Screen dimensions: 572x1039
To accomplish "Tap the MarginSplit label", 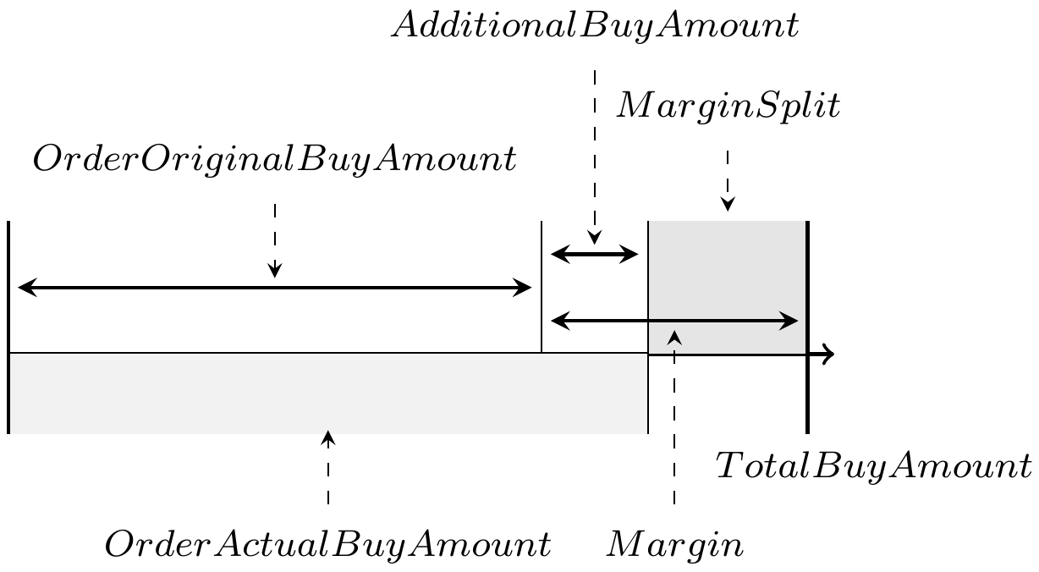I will tap(728, 108).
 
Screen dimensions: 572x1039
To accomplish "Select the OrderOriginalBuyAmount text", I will tap(273, 160).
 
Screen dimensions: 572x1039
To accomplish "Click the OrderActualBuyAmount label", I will tap(327, 543).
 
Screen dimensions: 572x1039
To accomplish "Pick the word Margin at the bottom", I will tap(674, 544).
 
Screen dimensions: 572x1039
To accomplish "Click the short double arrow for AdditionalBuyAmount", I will tap(594, 253).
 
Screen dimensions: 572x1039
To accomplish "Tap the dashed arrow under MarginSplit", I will tap(728, 180).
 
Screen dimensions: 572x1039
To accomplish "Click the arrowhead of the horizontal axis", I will tap(829, 355).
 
